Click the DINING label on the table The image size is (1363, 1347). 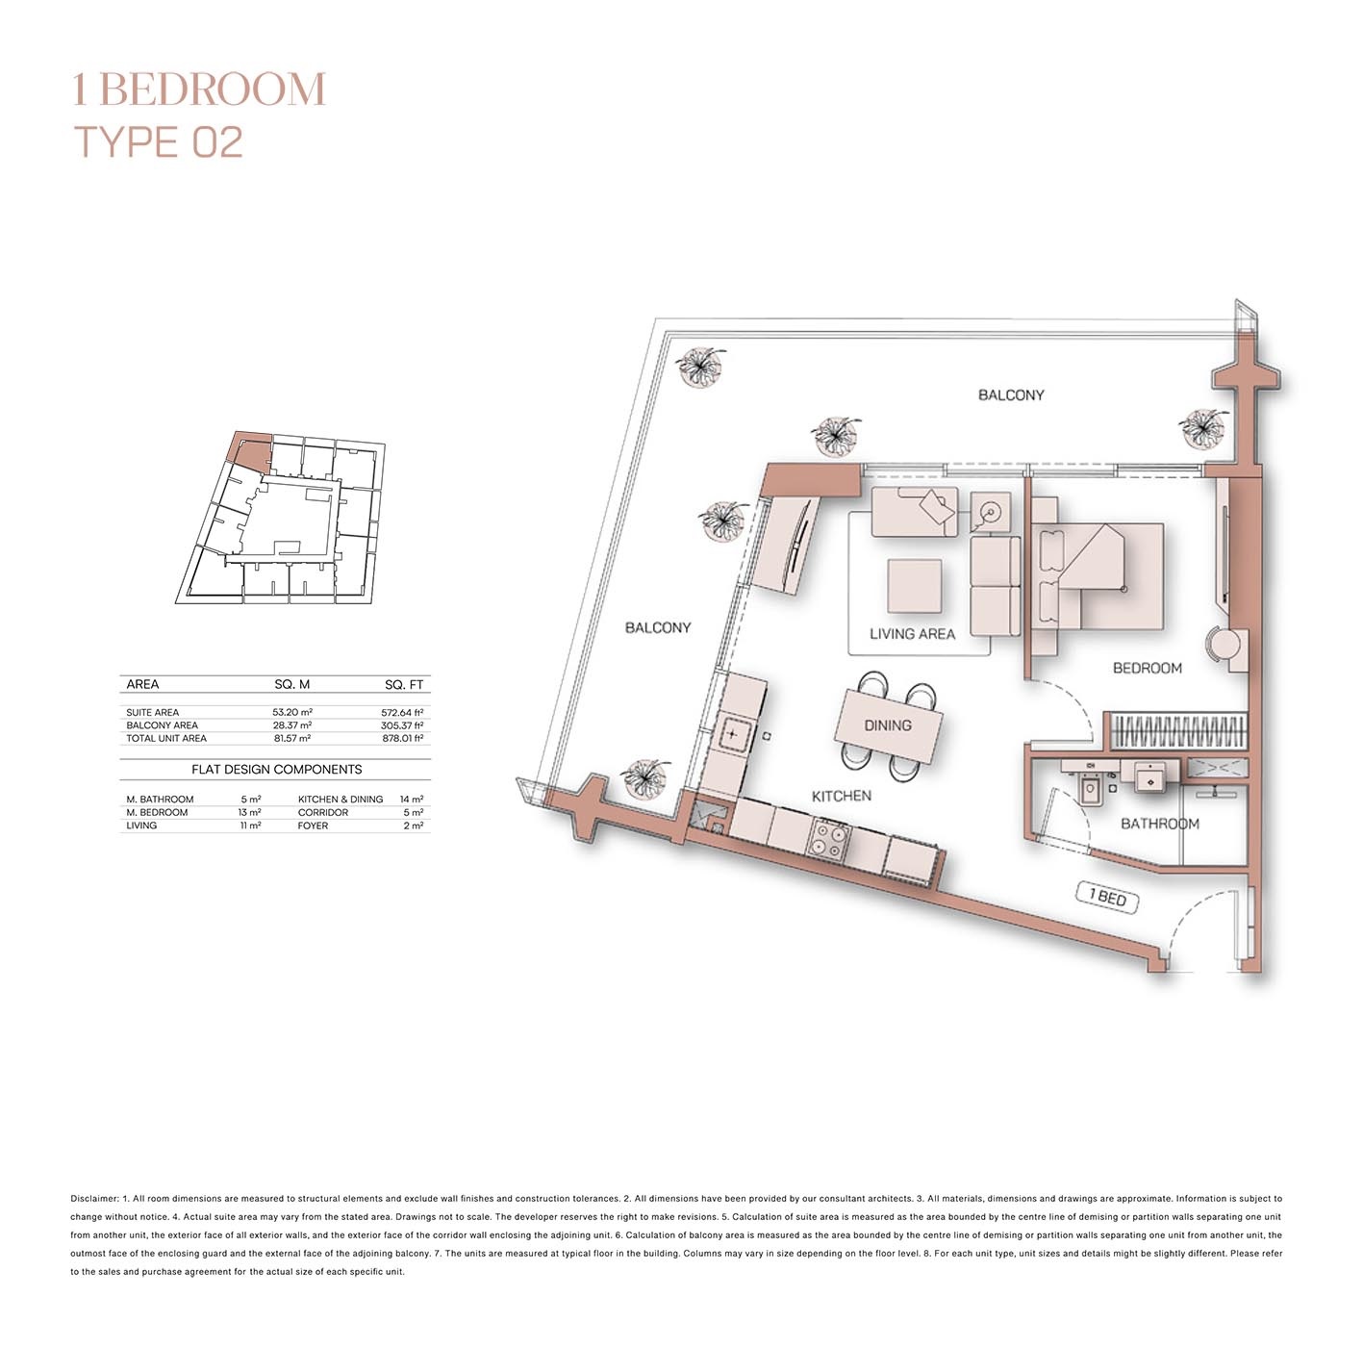pos(887,725)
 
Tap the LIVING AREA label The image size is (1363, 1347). pos(912,634)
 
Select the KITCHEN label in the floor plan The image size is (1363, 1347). pos(841,796)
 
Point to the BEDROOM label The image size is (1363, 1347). pos(1147,668)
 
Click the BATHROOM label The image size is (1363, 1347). pos(1159,824)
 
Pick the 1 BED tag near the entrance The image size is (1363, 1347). pos(1107,898)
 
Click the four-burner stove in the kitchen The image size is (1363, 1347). pos(827,839)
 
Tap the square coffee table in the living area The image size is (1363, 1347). pos(914,586)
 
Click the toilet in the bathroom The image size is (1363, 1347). pos(1091,790)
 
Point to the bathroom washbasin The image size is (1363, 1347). pos(1149,778)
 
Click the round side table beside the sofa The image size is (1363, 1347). pos(989,512)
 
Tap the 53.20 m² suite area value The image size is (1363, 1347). pos(291,713)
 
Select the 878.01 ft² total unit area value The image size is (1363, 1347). pos(402,739)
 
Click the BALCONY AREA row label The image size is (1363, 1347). pos(162,725)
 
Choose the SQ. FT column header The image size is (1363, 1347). pos(404,685)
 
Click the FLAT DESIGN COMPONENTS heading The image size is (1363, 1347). pos(276,770)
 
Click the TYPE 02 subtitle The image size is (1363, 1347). pos(159,142)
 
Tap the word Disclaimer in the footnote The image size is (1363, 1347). pos(93,1199)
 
